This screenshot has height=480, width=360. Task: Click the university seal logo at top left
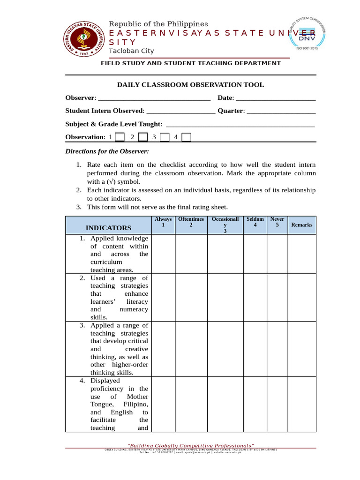(x=83, y=39)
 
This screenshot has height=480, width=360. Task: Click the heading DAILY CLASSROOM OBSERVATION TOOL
(x=190, y=85)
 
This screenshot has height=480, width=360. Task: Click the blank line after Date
(x=276, y=98)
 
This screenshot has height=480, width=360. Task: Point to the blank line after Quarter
(x=281, y=112)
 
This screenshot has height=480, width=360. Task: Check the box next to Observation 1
(x=120, y=137)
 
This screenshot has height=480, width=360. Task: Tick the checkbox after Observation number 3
(x=164, y=137)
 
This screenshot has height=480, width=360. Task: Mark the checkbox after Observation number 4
(x=186, y=137)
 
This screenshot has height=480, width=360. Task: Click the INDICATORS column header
(x=108, y=228)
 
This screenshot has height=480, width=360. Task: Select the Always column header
(x=163, y=222)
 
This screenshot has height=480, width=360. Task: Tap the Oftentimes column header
(x=191, y=222)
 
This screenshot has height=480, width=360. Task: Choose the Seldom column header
(x=255, y=222)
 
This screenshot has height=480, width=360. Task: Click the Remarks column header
(x=301, y=225)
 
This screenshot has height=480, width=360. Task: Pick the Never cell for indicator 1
(x=277, y=254)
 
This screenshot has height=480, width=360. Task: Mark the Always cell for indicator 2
(x=163, y=297)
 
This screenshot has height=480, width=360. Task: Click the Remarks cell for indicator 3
(x=301, y=349)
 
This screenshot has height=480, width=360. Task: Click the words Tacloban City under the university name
(x=131, y=51)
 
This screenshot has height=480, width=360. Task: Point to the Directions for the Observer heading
(x=107, y=151)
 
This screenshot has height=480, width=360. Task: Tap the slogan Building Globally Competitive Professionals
(x=191, y=445)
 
